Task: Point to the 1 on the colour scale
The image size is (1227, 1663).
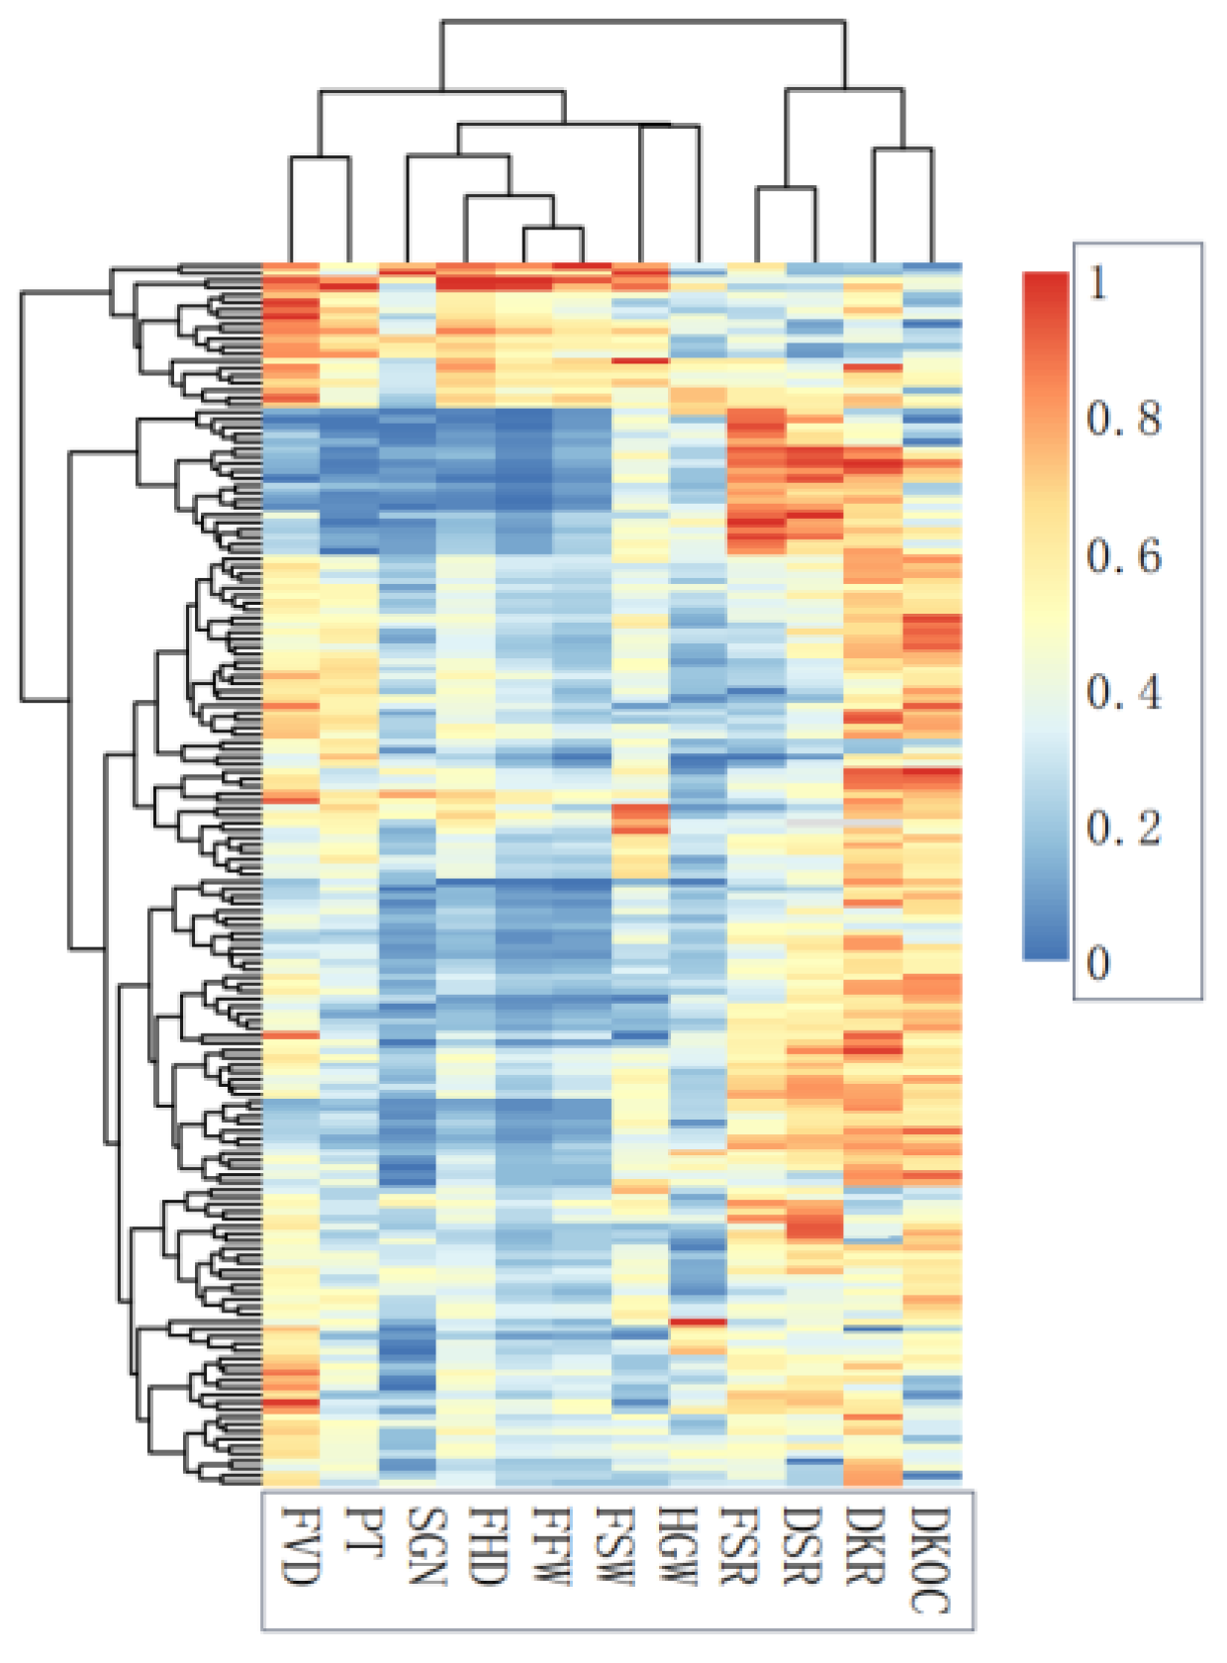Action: [x=1097, y=284]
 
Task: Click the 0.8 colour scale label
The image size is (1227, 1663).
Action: [x=1123, y=420]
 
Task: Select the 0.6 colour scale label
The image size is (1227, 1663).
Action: [x=1123, y=556]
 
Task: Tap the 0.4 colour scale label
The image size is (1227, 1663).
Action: [x=1123, y=692]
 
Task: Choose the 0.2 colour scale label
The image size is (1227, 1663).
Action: [x=1123, y=828]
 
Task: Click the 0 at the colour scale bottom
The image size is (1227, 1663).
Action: [x=1097, y=962]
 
